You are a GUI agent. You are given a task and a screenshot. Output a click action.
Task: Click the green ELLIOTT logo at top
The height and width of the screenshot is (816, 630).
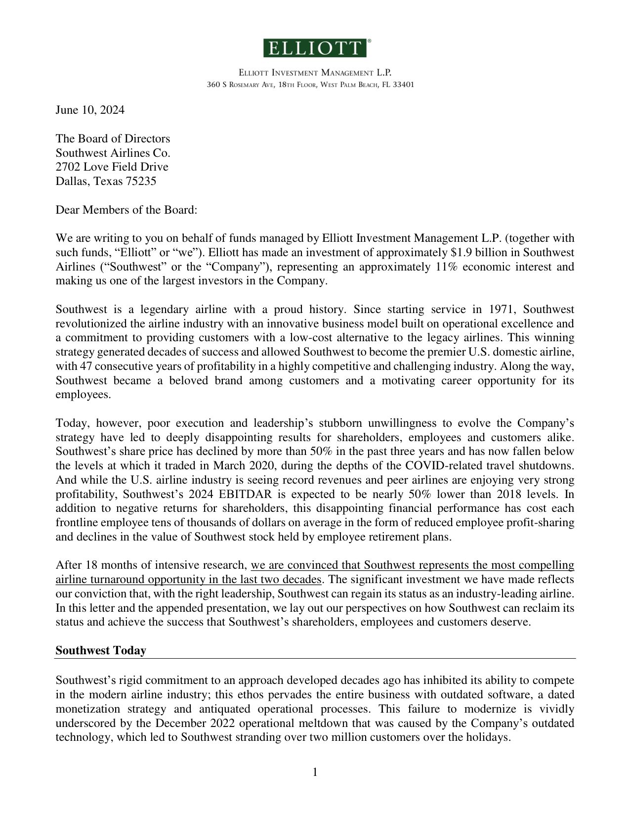[x=315, y=48]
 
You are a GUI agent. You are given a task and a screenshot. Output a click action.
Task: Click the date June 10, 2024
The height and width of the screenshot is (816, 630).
[x=90, y=110]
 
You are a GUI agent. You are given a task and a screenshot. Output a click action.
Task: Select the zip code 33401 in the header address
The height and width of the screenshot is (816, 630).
[x=403, y=85]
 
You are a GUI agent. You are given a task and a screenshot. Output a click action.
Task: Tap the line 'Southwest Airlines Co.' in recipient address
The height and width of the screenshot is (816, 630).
[x=113, y=153]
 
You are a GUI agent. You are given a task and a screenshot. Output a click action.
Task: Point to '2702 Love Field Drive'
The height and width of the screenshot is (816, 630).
[x=112, y=167]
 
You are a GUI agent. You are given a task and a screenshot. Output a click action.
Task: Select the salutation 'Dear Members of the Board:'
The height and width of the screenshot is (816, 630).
[x=126, y=210]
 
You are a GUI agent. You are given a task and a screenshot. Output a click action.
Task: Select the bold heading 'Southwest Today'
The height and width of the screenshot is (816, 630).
[x=101, y=651]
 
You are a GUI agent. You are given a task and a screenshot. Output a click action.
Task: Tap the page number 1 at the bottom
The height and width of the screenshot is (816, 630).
[x=315, y=772]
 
